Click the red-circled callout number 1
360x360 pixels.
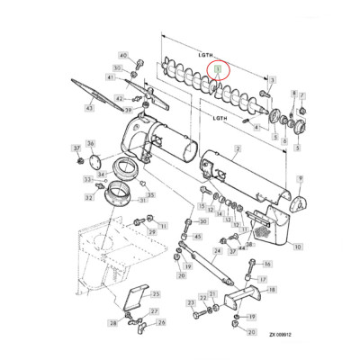click(217, 68)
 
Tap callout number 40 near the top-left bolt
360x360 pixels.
click(123, 56)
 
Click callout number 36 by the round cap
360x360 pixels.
click(90, 144)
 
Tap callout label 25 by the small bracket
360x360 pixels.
click(154, 293)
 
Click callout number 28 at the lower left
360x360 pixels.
click(114, 321)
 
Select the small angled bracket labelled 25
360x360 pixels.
click(135, 296)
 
